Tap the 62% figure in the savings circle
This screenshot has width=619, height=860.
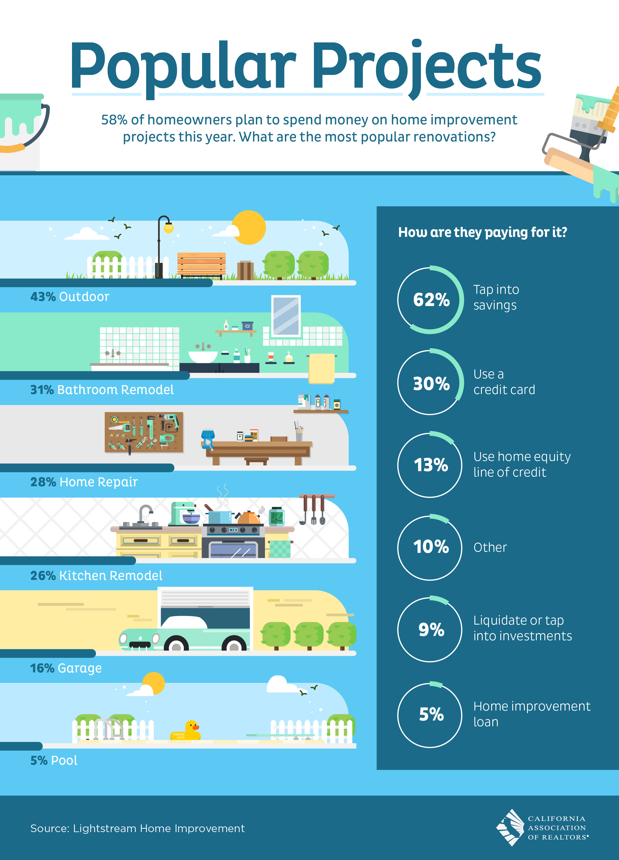click(431, 300)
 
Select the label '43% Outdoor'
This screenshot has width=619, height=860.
click(70, 297)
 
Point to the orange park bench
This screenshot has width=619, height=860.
click(201, 265)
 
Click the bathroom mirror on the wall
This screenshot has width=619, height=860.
click(286, 316)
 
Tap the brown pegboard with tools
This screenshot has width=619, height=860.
click(144, 432)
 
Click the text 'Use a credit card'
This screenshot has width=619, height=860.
click(504, 382)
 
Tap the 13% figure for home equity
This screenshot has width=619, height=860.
click(431, 465)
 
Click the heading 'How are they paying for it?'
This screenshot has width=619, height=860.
click(483, 232)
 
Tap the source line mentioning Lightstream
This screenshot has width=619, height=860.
click(137, 828)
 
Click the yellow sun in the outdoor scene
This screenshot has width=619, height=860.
click(249, 227)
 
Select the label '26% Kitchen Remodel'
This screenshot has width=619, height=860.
click(96, 576)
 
